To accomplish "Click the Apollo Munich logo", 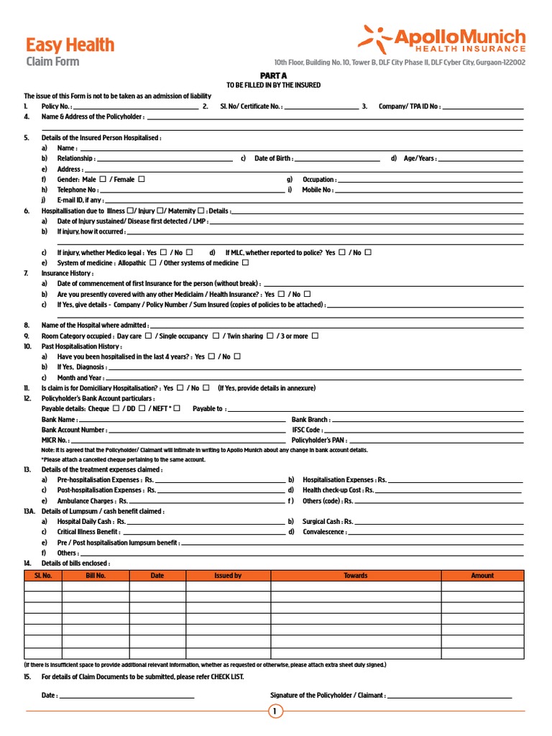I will tap(442, 39).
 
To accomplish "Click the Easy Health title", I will tap(70, 45).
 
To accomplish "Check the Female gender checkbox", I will tap(141, 179).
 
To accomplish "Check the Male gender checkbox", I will tap(103, 179).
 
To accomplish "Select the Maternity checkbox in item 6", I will tap(201, 211).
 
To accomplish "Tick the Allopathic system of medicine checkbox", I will tap(152, 263).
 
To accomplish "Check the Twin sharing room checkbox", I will tap(270, 336).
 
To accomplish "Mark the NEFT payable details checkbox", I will tap(177, 408).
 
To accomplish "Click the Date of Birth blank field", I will tap(337, 159).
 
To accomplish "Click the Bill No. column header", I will tap(96, 576).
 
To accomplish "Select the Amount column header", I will tap(482, 576).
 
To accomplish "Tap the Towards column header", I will tap(355, 576).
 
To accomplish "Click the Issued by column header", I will tap(228, 576).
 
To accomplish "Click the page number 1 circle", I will tap(275, 712).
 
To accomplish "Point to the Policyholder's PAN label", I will tap(316, 440).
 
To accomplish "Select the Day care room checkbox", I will tap(148, 336).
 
